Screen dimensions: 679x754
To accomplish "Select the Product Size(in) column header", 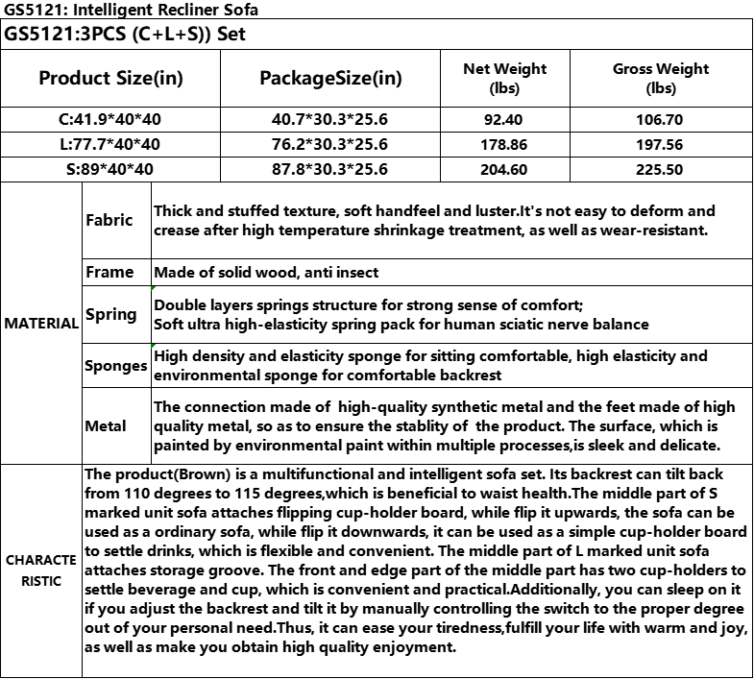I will (110, 78).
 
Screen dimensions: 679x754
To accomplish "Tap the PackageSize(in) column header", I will (330, 78).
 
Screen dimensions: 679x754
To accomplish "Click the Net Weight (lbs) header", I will (504, 78).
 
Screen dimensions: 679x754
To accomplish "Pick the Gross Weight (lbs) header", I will (661, 78).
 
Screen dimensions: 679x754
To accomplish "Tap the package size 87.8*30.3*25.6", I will (330, 169).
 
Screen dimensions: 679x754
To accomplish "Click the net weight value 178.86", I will (504, 144).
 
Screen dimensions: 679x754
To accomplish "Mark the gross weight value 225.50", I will (661, 169).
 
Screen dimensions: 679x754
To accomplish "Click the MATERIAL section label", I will (41, 324).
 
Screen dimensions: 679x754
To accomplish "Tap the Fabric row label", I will (109, 220).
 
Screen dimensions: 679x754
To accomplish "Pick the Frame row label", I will (109, 273).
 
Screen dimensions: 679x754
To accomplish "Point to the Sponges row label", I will (115, 366).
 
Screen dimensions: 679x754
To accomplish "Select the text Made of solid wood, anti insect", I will (266, 273).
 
